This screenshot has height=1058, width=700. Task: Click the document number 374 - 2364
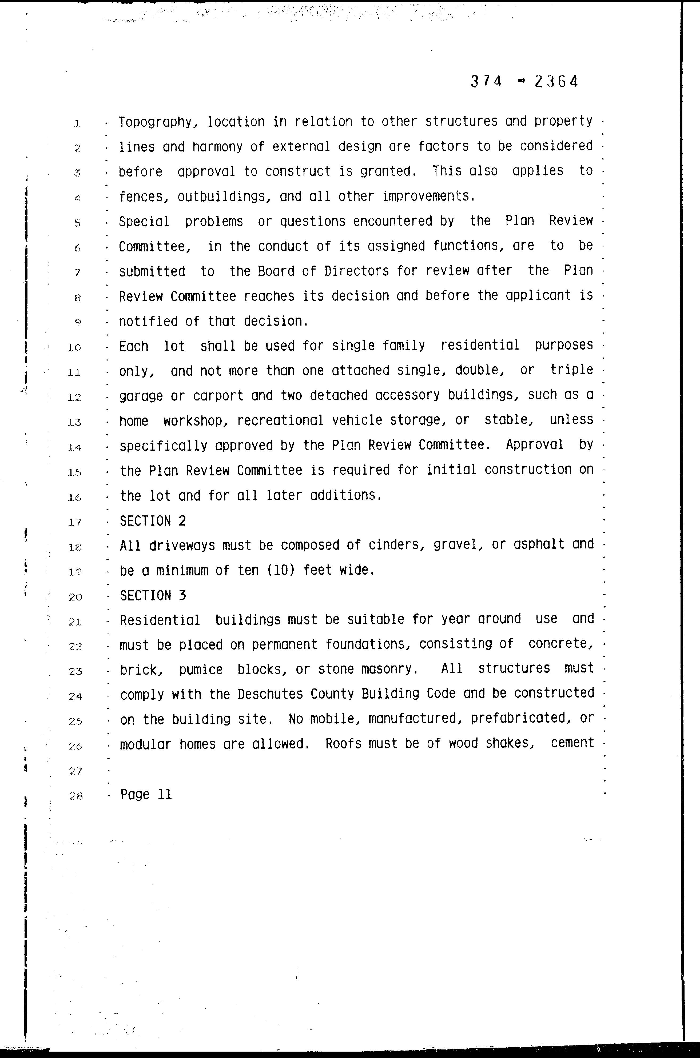click(x=524, y=82)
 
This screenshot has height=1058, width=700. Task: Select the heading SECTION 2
click(x=153, y=521)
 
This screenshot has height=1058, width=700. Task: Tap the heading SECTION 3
click(x=153, y=596)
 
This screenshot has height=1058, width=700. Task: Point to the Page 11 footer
click(x=146, y=794)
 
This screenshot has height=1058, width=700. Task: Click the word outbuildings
click(x=224, y=196)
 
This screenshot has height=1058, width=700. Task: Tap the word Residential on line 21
click(x=160, y=620)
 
